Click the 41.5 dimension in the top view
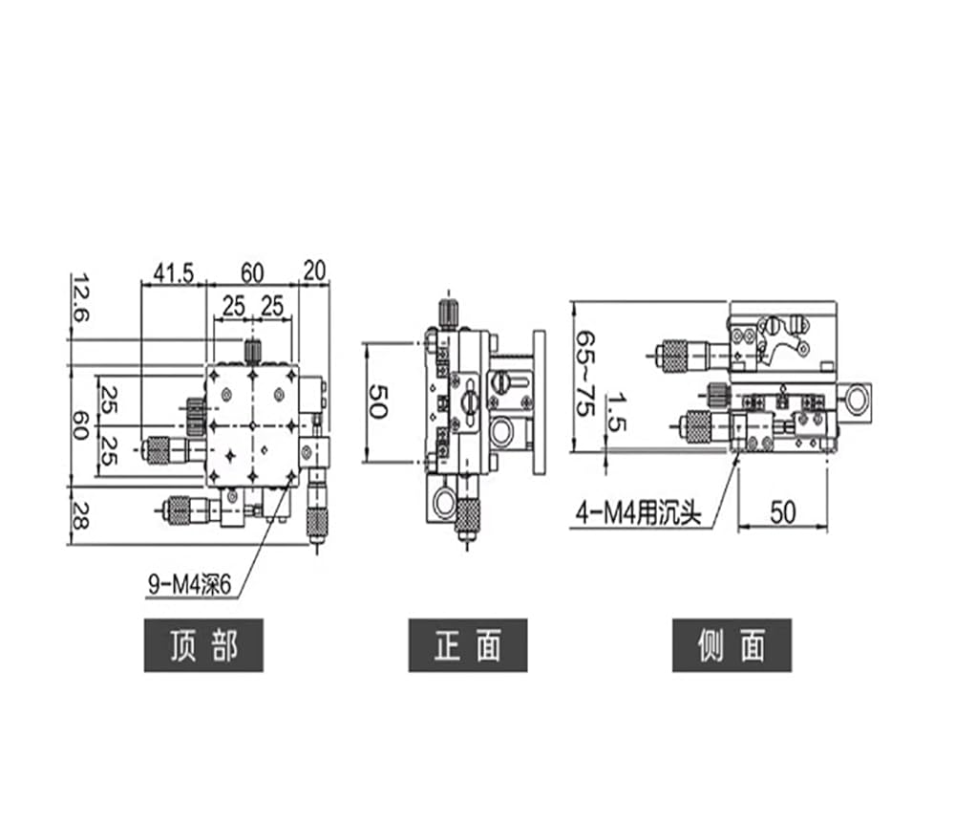click(174, 273)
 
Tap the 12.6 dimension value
click(80, 298)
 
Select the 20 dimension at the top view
click(314, 271)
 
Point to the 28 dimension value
click(80, 515)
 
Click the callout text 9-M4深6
click(190, 585)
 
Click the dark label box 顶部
click(203, 645)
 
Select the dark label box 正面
click(468, 645)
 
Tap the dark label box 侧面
click(732, 645)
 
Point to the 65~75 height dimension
click(585, 374)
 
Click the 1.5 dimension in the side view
click(616, 413)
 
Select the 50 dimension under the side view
click(783, 512)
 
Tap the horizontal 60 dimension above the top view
click(252, 273)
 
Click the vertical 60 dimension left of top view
click(80, 425)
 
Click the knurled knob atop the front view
click(448, 314)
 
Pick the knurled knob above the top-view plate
click(252, 351)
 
